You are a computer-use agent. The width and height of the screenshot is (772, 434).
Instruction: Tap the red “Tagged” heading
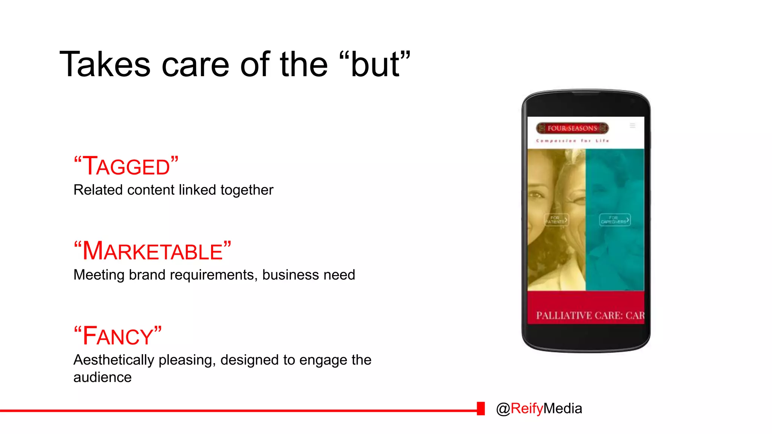[126, 166]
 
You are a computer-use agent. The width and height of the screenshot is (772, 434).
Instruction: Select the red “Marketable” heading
[152, 251]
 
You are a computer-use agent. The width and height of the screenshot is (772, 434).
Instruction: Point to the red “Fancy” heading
[118, 336]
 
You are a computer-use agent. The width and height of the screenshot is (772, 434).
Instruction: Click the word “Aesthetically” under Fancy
[113, 360]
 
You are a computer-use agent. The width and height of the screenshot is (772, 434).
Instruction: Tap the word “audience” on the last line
[103, 377]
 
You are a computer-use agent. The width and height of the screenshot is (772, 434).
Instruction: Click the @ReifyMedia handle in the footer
[539, 409]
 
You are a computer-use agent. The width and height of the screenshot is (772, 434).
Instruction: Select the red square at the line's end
[481, 409]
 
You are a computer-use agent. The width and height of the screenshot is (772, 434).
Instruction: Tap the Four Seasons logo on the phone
[572, 128]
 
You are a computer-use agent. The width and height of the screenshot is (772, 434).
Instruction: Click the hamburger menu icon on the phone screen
[633, 126]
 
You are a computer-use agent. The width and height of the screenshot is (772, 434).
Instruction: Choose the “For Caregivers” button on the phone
[614, 220]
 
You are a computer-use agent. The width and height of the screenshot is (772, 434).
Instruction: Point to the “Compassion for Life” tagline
[572, 141]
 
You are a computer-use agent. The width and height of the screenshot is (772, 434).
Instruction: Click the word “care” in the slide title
[195, 65]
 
